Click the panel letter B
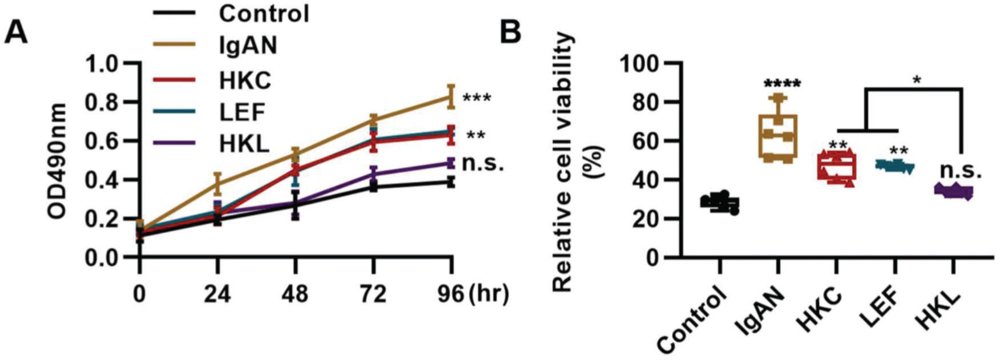point(511,32)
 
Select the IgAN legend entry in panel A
point(248,46)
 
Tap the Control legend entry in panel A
point(264,13)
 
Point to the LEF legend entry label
point(242,112)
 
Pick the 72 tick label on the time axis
point(373,295)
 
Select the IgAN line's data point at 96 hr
point(451,97)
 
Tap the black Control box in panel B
point(720,203)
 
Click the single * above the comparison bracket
point(917,80)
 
